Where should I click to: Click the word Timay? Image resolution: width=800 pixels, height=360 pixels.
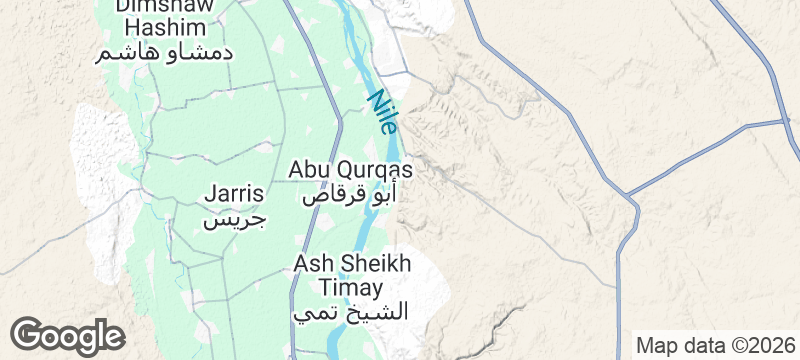[x=350, y=288]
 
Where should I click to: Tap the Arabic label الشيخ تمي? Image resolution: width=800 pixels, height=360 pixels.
[x=352, y=312]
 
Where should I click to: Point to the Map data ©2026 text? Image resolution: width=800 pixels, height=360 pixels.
[x=715, y=346]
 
